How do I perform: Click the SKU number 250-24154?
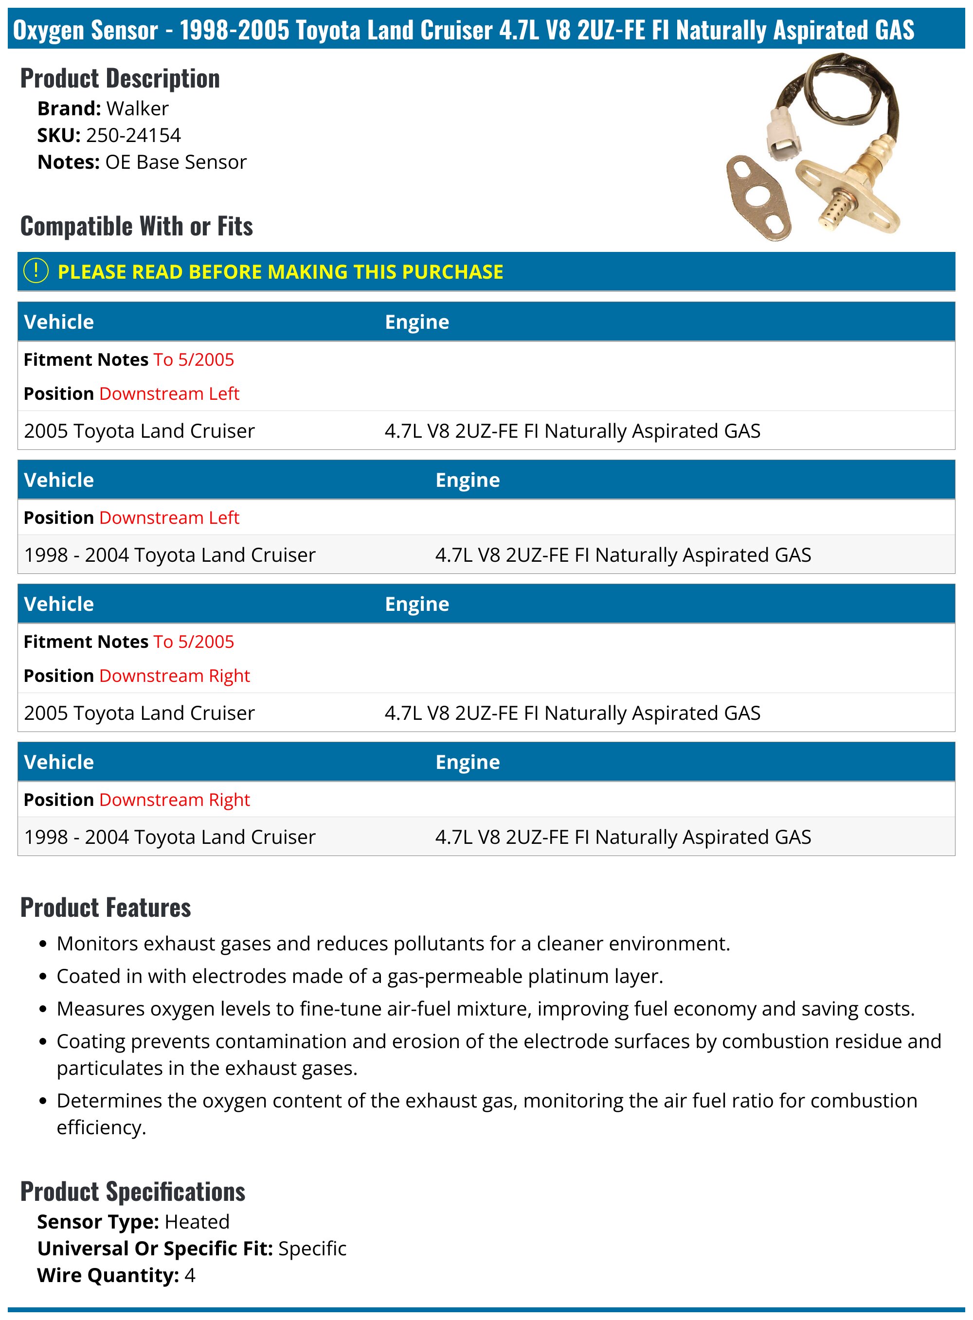point(133,135)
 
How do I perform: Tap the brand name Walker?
point(137,108)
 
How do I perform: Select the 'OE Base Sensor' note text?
point(176,162)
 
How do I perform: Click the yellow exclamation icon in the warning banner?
point(36,271)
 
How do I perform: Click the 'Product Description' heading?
point(120,79)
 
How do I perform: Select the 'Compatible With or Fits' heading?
point(136,226)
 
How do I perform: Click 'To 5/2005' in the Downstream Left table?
point(193,360)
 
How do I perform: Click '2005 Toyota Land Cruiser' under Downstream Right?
point(139,713)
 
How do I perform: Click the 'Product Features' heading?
point(106,907)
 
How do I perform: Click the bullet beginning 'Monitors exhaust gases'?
point(393,943)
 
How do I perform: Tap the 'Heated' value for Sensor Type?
point(197,1222)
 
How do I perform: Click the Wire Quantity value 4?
point(190,1275)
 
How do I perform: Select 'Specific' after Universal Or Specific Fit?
point(312,1248)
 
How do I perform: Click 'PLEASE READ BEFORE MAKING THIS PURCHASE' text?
point(280,271)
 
